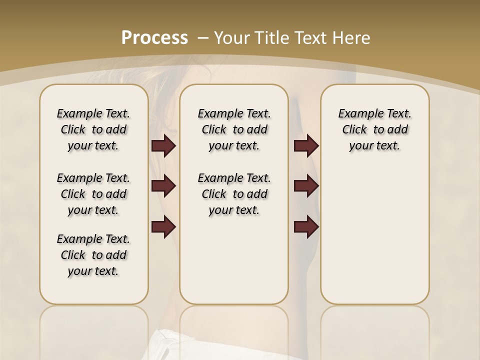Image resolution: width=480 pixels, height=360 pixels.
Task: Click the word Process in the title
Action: pos(154,37)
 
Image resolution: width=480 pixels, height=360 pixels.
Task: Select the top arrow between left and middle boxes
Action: pos(163,146)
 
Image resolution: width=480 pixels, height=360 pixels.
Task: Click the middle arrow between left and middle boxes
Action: pos(163,186)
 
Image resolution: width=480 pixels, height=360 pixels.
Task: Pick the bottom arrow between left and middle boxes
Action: pos(163,227)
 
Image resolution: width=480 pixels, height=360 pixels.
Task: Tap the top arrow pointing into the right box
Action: pos(306,146)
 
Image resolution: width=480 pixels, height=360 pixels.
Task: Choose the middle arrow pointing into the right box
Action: pos(306,186)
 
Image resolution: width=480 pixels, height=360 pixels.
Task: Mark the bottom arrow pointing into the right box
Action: pos(306,227)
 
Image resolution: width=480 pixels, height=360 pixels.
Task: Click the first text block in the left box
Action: pos(93,129)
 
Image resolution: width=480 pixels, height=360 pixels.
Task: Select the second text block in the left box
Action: pos(93,194)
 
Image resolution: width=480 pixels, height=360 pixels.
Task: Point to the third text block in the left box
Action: pos(93,255)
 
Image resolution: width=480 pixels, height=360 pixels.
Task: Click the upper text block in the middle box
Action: pos(234,129)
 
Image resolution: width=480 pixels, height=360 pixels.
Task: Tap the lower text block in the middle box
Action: pos(234,194)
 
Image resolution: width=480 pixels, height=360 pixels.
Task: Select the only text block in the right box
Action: pos(374,129)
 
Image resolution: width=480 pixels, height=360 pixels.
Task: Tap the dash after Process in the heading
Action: pos(203,37)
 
